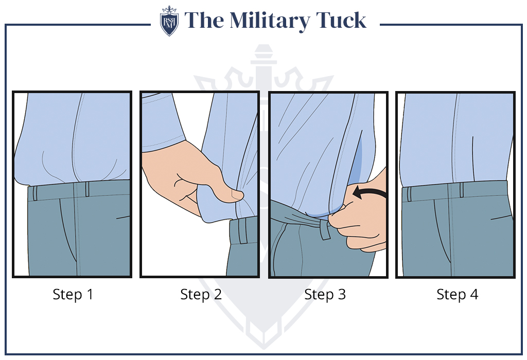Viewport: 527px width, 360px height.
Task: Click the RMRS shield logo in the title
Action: coord(169,21)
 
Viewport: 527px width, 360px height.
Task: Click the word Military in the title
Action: coord(268,21)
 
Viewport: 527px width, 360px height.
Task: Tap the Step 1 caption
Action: coord(73,295)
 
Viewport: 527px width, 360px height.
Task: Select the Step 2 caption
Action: coord(201,295)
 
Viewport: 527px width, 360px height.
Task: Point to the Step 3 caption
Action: coord(325,295)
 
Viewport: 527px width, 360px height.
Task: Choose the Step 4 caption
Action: coord(457,295)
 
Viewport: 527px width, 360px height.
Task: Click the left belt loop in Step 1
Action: coord(35,193)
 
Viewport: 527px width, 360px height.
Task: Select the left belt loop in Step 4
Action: coord(409,194)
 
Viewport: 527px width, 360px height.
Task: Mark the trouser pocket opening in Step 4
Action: coord(440,226)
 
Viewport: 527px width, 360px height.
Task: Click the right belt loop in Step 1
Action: coord(87,189)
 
